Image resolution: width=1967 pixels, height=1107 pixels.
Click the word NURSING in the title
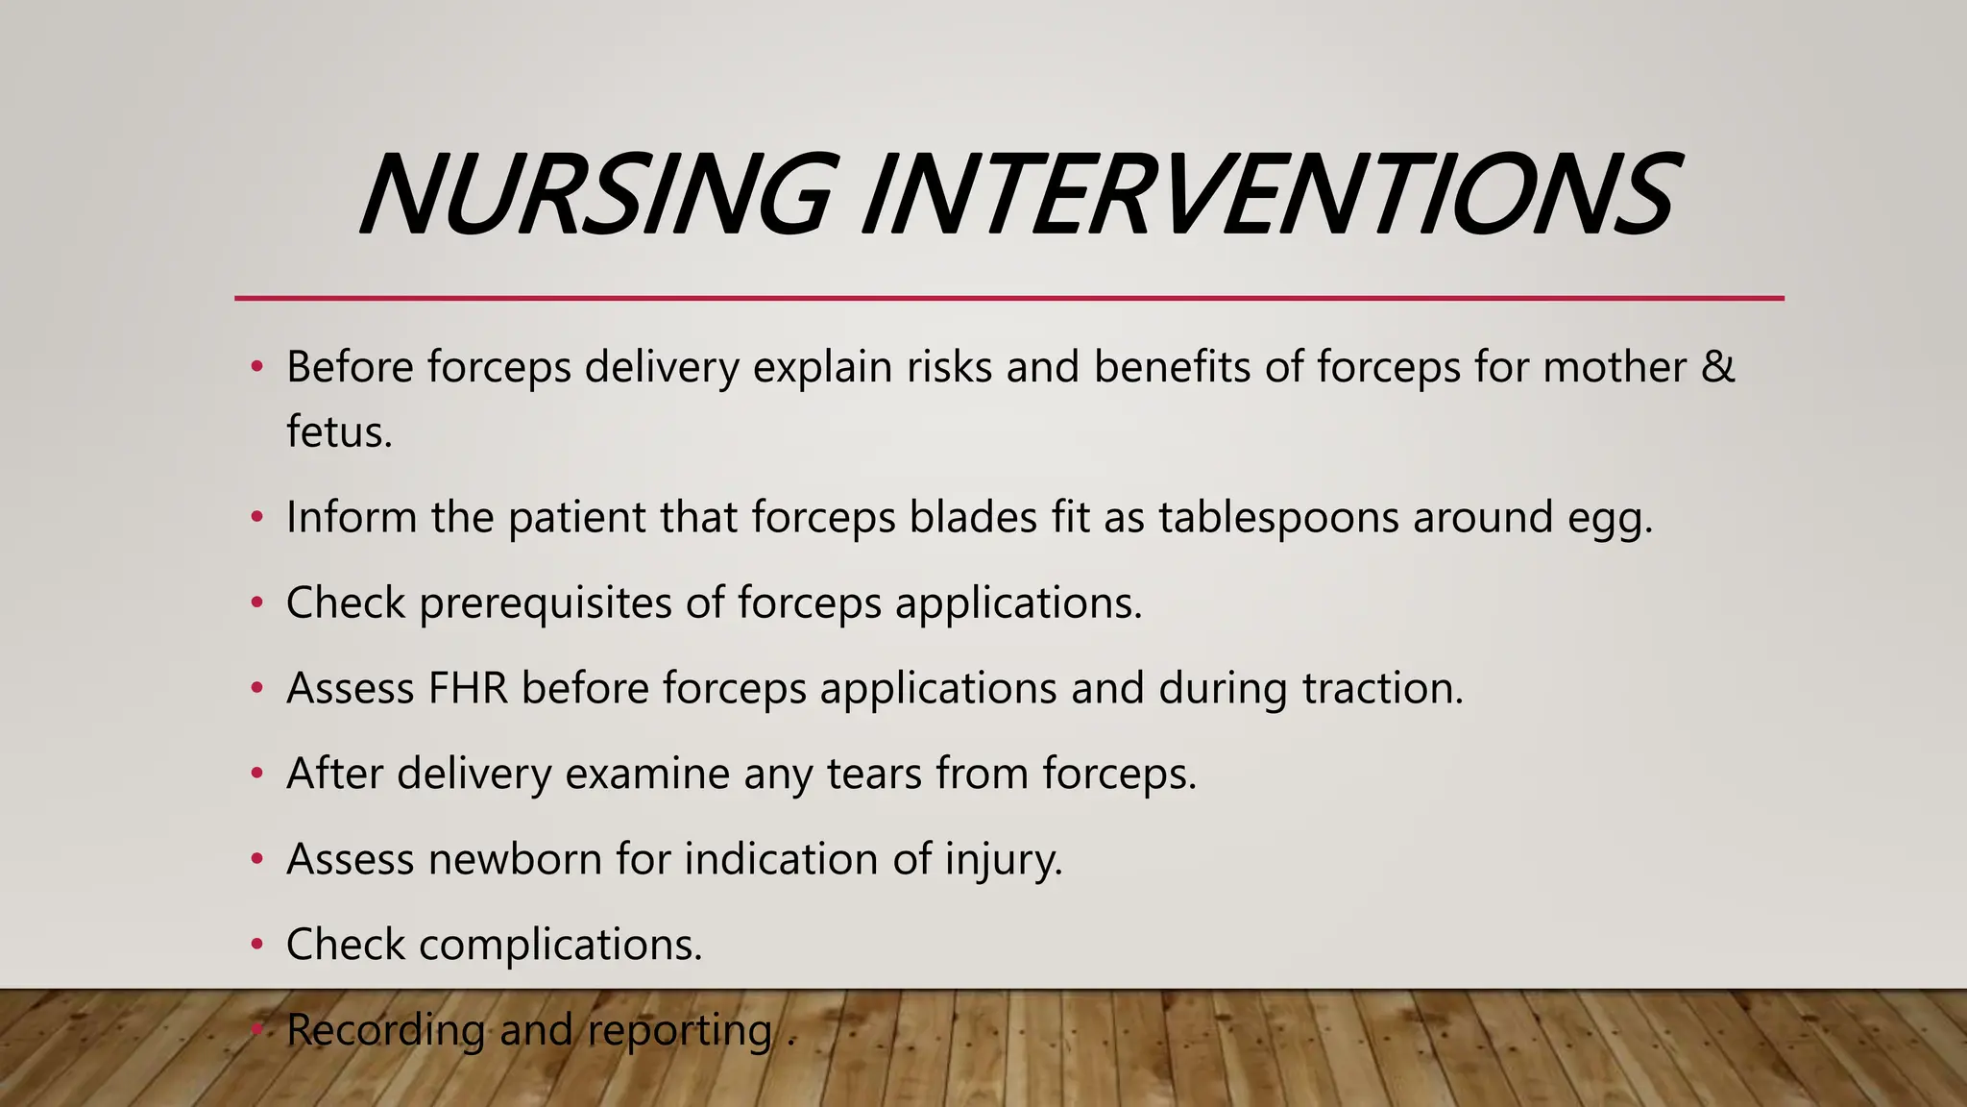594,197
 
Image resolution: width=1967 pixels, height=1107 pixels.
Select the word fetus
338,431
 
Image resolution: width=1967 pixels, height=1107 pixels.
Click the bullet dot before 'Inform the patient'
256,518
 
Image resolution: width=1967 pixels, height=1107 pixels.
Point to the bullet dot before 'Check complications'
256,945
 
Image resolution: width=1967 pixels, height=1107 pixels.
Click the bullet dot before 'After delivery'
256,774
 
